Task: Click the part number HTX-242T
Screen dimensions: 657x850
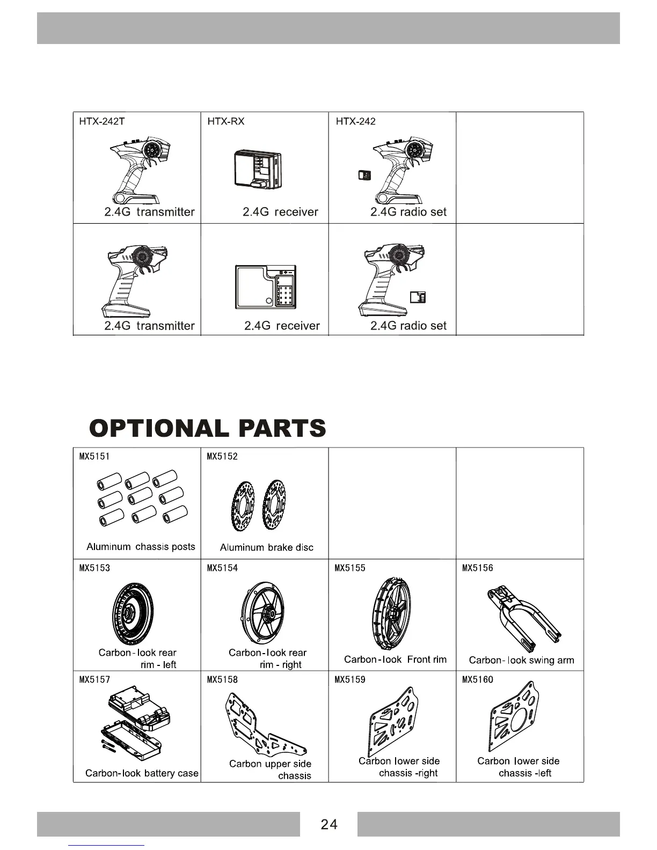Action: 102,121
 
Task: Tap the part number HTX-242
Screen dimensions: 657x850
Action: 355,121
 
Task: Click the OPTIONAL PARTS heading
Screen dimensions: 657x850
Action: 208,428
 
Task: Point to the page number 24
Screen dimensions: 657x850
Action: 328,824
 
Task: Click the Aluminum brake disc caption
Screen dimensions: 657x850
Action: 266,547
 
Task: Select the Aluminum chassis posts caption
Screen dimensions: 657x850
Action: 141,547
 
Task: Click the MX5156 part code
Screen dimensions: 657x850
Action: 477,568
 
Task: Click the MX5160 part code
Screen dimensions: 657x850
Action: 477,680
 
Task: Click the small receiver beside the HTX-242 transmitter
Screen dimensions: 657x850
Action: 364,175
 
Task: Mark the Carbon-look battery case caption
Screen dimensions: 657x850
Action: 142,773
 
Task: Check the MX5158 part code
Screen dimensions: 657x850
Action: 222,680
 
